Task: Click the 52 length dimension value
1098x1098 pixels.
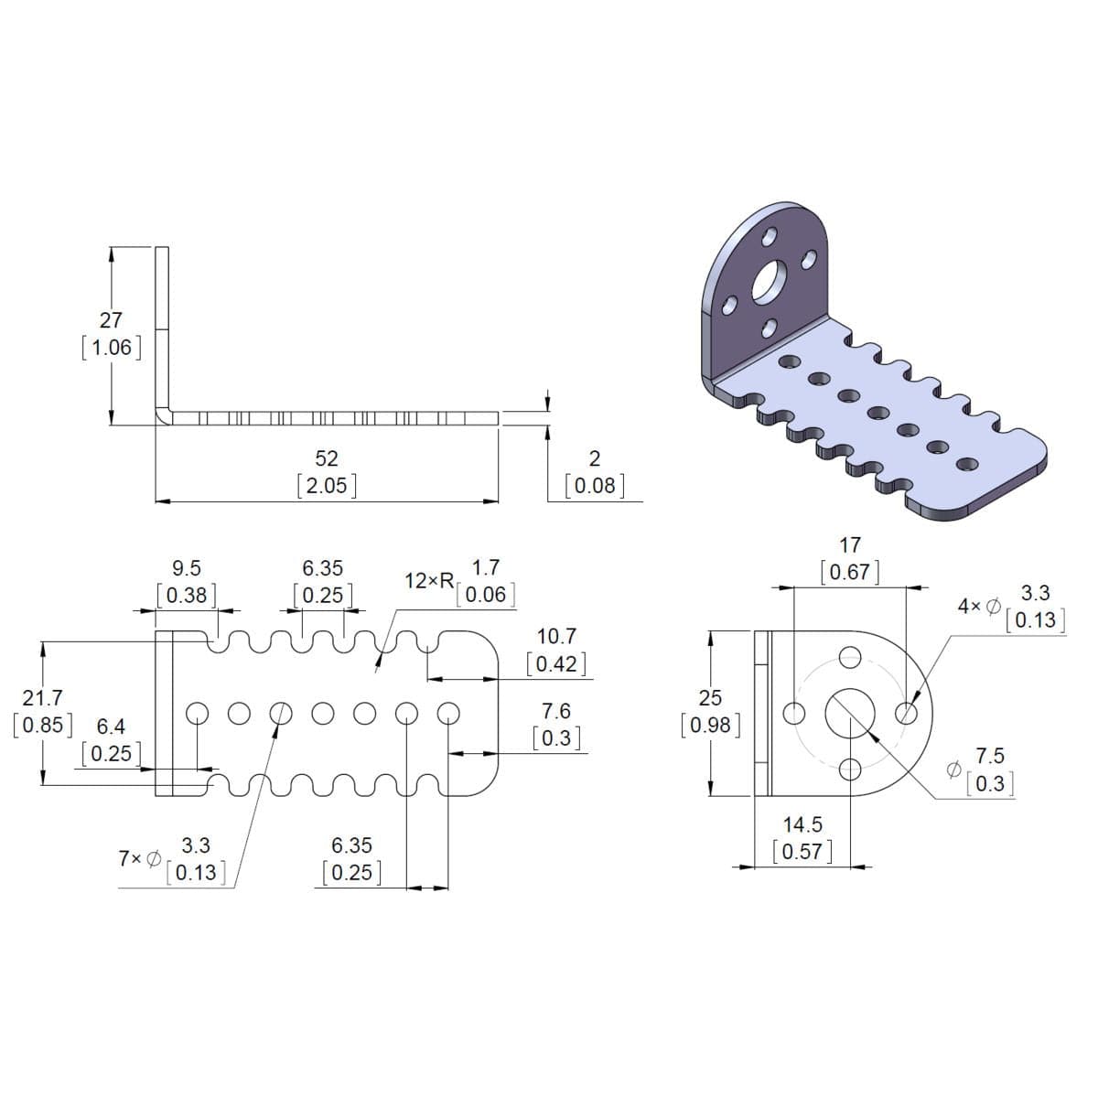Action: tap(327, 457)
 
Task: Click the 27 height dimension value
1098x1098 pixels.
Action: tap(111, 320)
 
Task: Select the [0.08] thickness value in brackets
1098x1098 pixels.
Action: tap(595, 485)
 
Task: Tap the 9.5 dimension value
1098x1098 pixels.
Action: tap(187, 569)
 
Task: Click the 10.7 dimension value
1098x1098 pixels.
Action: tap(556, 636)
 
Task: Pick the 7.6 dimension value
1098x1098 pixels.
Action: tap(556, 711)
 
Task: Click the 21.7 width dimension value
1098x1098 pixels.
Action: tap(42, 699)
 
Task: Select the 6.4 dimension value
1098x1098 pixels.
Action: tap(111, 727)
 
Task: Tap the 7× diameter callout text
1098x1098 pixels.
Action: tap(139, 859)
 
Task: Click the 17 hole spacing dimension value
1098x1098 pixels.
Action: tap(850, 545)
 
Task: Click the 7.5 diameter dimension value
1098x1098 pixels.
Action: tap(990, 756)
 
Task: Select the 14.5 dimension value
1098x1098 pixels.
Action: tap(802, 824)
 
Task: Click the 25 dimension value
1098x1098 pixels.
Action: tap(710, 699)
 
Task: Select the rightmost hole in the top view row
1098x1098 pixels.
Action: tap(447, 712)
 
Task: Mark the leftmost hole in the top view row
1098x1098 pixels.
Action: tap(197, 712)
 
